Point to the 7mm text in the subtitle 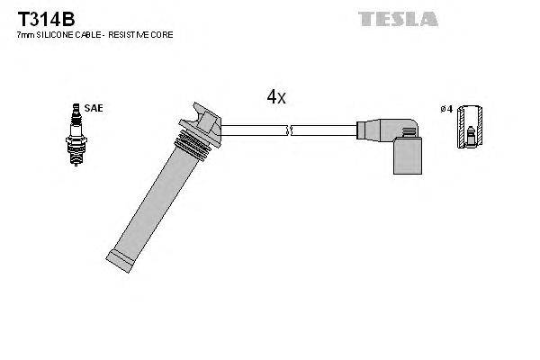(25, 34)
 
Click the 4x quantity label (275, 97)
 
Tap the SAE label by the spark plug (95, 108)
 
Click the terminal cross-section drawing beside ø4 (466, 129)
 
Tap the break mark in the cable (289, 131)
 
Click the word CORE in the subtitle (163, 34)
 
